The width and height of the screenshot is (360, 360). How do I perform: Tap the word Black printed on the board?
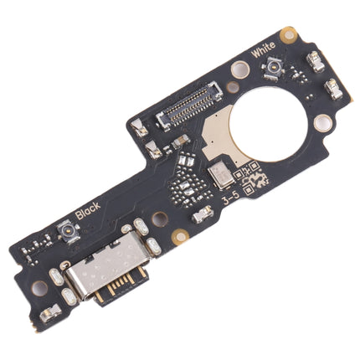pos(87,210)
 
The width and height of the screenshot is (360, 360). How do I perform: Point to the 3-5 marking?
pos(232,200)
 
